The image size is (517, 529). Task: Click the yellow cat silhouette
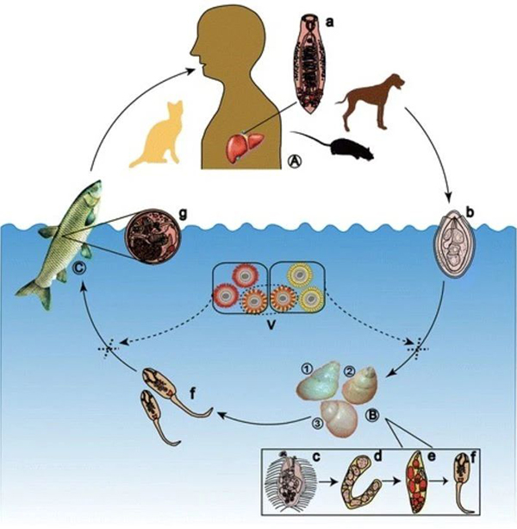154,138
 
